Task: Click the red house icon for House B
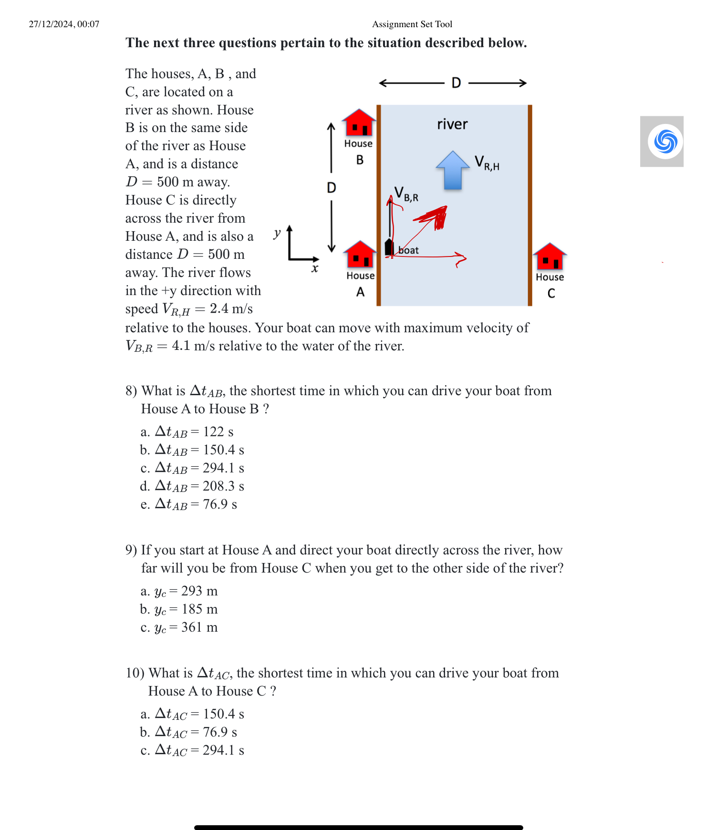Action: click(359, 123)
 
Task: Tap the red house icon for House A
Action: click(360, 255)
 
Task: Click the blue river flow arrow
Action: click(453, 170)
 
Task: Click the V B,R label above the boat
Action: click(406, 194)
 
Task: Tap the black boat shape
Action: click(389, 247)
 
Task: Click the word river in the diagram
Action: click(452, 124)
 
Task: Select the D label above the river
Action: click(456, 83)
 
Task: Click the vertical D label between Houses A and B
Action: click(332, 187)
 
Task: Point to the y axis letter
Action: click(277, 233)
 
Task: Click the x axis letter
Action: click(315, 269)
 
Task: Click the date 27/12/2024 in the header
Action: click(64, 24)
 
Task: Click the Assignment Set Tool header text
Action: click(412, 24)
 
